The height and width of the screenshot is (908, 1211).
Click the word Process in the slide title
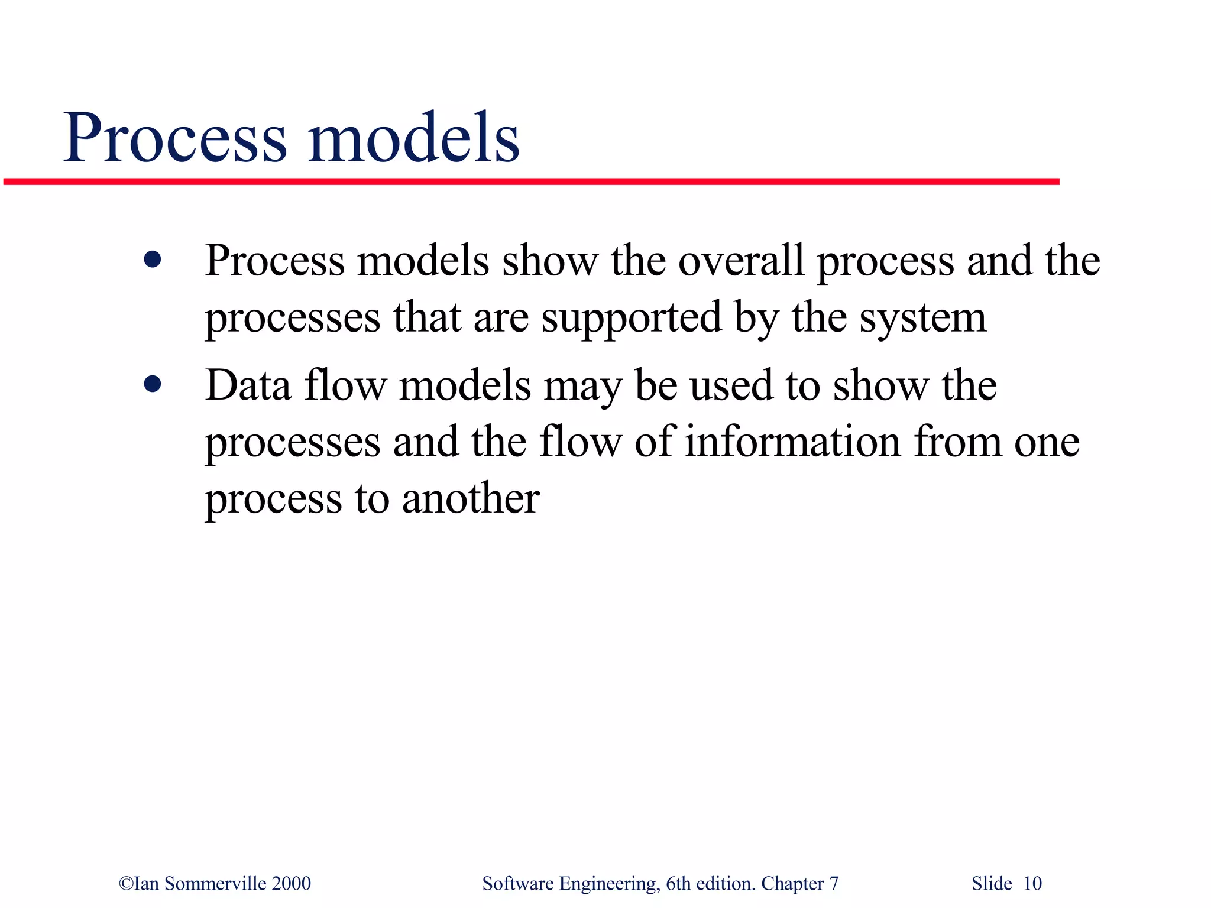point(175,138)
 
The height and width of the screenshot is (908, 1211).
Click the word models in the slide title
point(413,138)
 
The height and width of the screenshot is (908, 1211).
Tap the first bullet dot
point(153,260)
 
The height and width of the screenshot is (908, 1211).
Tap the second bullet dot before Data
point(153,384)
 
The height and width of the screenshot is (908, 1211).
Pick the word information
point(792,442)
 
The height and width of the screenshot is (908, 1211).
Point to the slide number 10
point(1032,884)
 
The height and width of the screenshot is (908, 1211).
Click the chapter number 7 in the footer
point(834,884)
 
